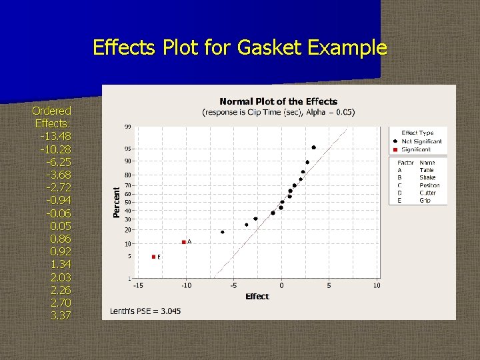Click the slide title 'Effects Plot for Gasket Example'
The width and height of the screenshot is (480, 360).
click(x=239, y=48)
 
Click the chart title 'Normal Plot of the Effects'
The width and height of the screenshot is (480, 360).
click(x=278, y=101)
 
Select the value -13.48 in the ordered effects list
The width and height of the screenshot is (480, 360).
click(x=55, y=137)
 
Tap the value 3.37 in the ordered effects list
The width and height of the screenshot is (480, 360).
click(x=60, y=315)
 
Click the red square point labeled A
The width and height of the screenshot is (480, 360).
click(x=183, y=242)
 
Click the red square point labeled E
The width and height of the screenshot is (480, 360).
click(x=153, y=257)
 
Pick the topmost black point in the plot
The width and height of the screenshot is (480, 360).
click(x=313, y=147)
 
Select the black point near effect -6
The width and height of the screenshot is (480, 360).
click(x=223, y=232)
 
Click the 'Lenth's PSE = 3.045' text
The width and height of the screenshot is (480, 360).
click(x=145, y=311)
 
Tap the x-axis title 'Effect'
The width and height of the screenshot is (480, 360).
click(x=257, y=297)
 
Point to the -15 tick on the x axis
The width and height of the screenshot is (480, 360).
click(x=138, y=286)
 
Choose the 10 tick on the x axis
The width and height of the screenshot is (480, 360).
click(x=377, y=286)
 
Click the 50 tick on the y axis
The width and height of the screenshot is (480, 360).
click(x=127, y=202)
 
